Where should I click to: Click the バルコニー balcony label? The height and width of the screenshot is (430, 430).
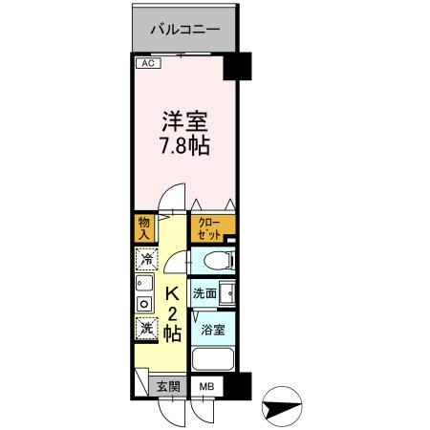pyautogui.click(x=185, y=30)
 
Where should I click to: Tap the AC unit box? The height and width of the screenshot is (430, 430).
pyautogui.click(x=146, y=64)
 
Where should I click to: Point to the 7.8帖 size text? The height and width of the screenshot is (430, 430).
pyautogui.click(x=184, y=148)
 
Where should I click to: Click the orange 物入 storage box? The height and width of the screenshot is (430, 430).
pyautogui.click(x=144, y=227)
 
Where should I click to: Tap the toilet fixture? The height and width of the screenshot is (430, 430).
pyautogui.click(x=210, y=260)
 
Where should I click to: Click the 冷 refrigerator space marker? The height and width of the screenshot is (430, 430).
pyautogui.click(x=146, y=259)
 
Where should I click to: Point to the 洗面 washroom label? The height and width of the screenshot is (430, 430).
pyautogui.click(x=204, y=294)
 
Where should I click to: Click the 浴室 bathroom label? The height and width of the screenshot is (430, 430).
pyautogui.click(x=211, y=331)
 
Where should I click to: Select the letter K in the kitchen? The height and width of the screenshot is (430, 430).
pyautogui.click(x=173, y=294)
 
